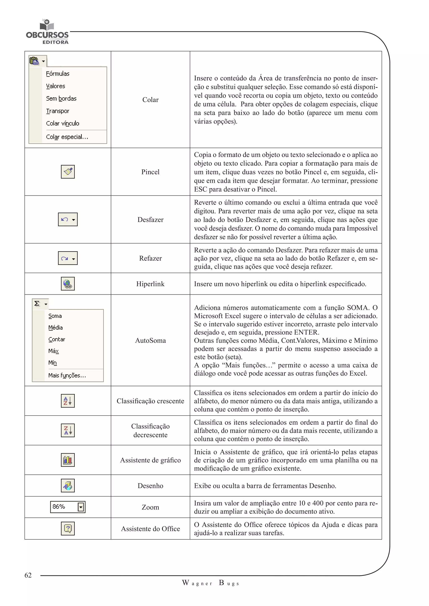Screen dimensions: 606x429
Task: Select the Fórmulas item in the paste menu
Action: point(58,74)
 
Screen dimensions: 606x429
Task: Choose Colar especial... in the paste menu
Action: point(67,137)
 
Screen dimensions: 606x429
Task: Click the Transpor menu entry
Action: point(58,111)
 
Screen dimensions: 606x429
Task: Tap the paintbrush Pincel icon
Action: point(68,172)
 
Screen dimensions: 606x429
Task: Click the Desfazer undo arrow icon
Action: point(65,219)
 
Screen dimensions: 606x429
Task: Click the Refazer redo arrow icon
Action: point(65,258)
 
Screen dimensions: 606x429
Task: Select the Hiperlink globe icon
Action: point(68,284)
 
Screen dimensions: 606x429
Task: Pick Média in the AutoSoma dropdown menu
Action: point(56,327)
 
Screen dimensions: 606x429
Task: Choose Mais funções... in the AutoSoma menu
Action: point(67,375)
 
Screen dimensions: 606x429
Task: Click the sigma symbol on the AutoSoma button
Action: point(37,304)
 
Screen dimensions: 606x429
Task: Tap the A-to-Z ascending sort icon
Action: point(68,401)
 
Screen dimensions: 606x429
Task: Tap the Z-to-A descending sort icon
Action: point(68,430)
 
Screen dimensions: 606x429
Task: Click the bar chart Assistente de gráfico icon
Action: point(68,460)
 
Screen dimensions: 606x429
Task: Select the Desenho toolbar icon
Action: point(68,485)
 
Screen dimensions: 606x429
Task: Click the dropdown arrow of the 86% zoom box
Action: point(81,507)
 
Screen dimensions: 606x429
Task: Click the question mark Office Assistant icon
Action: point(68,528)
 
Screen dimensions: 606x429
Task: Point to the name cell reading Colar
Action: point(150,100)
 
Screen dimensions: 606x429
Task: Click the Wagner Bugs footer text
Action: point(211,583)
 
